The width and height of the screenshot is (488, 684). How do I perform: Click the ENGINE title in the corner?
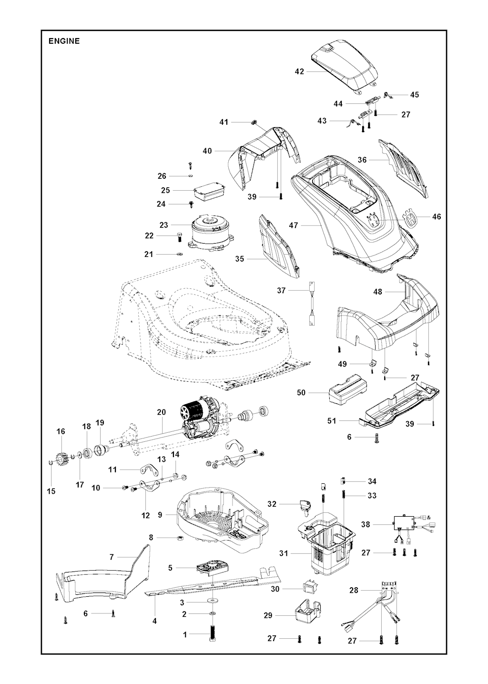(x=64, y=41)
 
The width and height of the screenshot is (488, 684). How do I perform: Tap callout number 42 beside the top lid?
(x=299, y=71)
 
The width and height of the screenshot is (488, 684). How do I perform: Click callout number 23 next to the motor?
(x=164, y=225)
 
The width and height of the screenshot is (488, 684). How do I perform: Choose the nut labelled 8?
(x=181, y=538)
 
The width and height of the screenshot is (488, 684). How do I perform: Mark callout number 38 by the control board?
(x=366, y=524)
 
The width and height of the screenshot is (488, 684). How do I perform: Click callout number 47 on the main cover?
(x=294, y=225)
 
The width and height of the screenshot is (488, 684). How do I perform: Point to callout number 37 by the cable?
(x=281, y=290)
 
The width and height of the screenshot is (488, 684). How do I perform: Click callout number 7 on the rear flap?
(x=112, y=557)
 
